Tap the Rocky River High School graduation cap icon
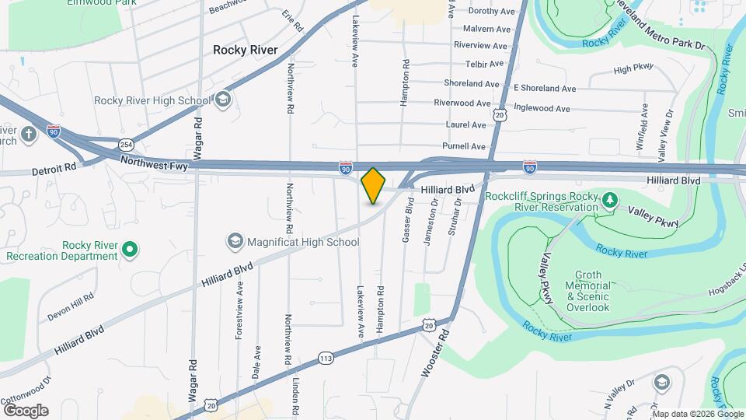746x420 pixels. tap(223, 100)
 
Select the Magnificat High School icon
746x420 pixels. tap(235, 242)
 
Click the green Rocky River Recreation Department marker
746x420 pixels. tap(131, 250)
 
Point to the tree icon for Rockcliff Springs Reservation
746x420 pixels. tap(611, 201)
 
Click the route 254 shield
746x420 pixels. tap(127, 144)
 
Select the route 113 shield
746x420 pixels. tap(326, 357)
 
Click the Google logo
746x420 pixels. tap(26, 410)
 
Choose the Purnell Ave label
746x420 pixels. tap(463, 146)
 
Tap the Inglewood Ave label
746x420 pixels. tap(542, 109)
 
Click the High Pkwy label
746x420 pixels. tap(633, 70)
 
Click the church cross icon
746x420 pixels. tap(29, 134)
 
